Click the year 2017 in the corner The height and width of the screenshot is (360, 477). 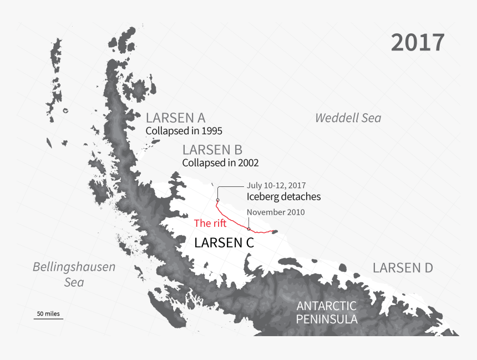pyautogui.click(x=417, y=43)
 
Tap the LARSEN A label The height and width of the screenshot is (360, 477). pyautogui.click(x=175, y=118)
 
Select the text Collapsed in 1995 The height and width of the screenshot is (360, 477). pyautogui.click(x=184, y=131)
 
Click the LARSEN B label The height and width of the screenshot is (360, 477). pyautogui.click(x=212, y=150)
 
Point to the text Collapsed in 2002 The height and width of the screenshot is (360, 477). pyautogui.click(x=220, y=163)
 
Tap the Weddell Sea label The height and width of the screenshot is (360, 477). pyautogui.click(x=348, y=118)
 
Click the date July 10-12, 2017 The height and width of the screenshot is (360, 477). pyautogui.click(x=276, y=185)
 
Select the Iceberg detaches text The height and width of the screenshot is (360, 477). pyautogui.click(x=283, y=196)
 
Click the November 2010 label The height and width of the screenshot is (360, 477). pyautogui.click(x=276, y=212)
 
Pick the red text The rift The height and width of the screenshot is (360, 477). pyautogui.click(x=210, y=224)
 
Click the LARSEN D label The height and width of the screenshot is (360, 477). pyautogui.click(x=402, y=268)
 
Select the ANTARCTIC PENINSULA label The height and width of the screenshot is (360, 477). pyautogui.click(x=326, y=313)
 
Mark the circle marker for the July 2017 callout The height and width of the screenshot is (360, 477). pyautogui.click(x=218, y=200)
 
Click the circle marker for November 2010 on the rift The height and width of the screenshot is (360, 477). pyautogui.click(x=248, y=229)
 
